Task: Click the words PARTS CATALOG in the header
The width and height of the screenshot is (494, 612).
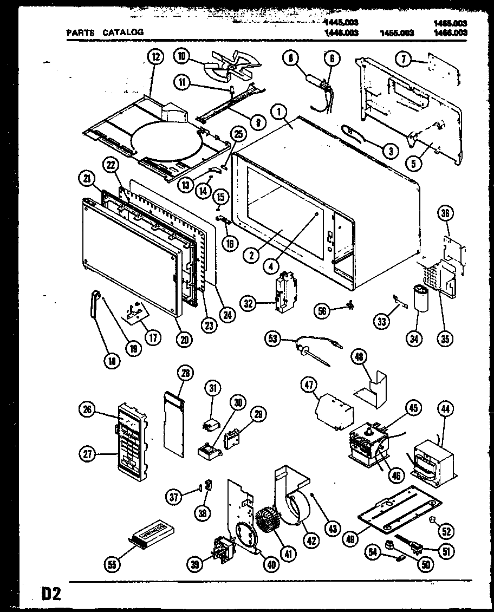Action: (x=105, y=32)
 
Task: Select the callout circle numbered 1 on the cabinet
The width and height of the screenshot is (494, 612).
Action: (x=280, y=114)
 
